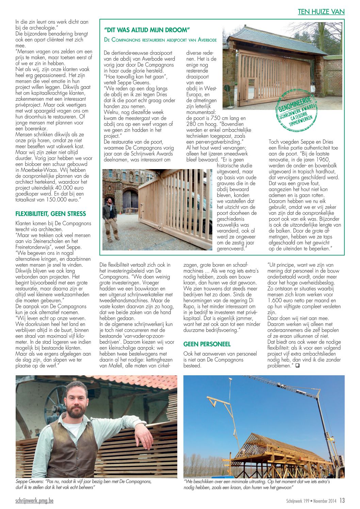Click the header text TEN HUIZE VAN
click(321, 12)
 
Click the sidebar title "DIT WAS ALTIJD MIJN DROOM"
click(147, 30)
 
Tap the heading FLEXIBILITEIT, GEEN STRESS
click(51, 214)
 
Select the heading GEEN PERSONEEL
click(207, 344)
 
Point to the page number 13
click(342, 500)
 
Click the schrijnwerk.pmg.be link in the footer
click(34, 501)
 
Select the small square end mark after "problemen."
click(297, 366)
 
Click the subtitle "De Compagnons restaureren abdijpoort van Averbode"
click(160, 40)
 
